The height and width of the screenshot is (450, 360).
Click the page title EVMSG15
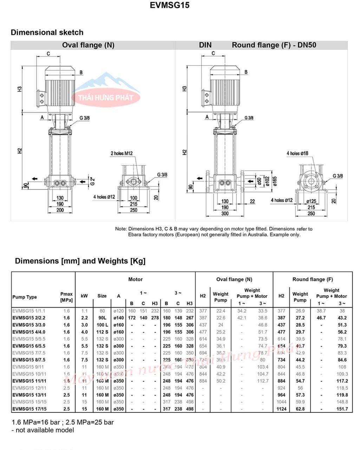[169, 5]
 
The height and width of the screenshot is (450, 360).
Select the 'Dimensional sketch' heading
[47, 32]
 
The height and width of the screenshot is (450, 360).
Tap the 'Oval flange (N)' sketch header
[88, 45]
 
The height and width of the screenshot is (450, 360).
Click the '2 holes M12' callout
[122, 153]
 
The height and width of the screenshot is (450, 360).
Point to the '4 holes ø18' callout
[297, 153]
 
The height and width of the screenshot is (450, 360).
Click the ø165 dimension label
[275, 181]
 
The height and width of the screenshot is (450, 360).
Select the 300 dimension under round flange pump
[225, 213]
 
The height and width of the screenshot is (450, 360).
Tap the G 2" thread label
[92, 181]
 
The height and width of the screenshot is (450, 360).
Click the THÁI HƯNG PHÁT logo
[106, 97]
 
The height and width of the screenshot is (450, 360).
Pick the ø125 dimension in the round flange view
[311, 201]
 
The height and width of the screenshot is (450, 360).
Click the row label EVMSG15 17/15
[30, 409]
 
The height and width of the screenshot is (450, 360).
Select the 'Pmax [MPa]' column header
[66, 297]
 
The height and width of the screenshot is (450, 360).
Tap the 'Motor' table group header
[135, 279]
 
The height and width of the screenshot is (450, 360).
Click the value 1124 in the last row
[281, 409]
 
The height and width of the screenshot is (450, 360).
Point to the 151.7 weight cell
[342, 409]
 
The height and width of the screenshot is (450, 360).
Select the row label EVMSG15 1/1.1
[29, 311]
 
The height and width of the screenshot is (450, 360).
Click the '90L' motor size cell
[102, 318]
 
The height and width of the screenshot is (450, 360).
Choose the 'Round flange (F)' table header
[313, 279]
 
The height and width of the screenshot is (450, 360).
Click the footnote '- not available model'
[43, 430]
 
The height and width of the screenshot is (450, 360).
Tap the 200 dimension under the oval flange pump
[60, 210]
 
